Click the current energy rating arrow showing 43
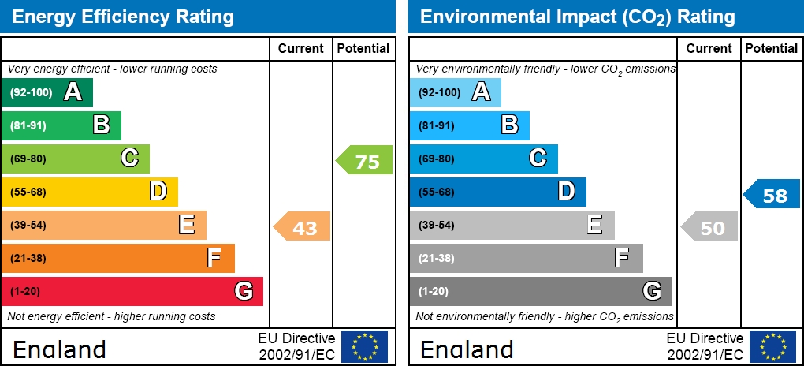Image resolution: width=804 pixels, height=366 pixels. tap(303, 226)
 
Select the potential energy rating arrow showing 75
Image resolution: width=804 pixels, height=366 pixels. tap(365, 160)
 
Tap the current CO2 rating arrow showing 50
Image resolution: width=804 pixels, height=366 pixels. tap(710, 226)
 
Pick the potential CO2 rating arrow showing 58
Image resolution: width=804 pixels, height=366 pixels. tap(772, 193)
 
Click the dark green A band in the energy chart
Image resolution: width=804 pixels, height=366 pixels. tap(47, 92)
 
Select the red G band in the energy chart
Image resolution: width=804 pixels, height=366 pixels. tap(132, 291)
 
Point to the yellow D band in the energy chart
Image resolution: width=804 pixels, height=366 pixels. tap(89, 192)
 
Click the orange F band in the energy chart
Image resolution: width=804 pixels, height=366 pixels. tap(117, 258)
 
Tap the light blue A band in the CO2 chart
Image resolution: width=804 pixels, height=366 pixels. tap(455, 92)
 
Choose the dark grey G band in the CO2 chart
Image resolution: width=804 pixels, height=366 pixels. tap(540, 291)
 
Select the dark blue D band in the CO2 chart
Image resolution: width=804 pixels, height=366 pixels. tap(497, 192)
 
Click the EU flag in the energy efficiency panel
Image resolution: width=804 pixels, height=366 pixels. tap(364, 346)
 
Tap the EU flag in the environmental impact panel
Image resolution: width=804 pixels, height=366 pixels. tap(772, 346)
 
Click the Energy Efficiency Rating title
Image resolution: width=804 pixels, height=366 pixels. tap(124, 17)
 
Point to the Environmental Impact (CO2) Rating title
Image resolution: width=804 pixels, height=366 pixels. tap(578, 17)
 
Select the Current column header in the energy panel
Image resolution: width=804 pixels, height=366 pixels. tap(301, 48)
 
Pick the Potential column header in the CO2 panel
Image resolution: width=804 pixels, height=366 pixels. tap(772, 48)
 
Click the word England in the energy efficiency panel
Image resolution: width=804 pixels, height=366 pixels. tap(59, 349)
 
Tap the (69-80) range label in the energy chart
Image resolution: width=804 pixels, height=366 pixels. tap(28, 159)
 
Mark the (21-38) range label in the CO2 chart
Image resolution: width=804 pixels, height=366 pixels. tap(436, 258)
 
